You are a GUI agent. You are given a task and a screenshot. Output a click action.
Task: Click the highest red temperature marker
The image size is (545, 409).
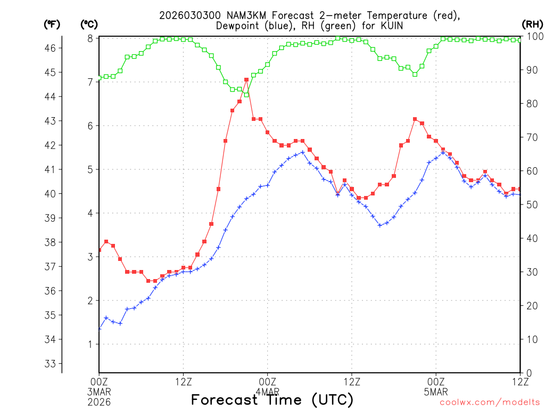pos(246,79)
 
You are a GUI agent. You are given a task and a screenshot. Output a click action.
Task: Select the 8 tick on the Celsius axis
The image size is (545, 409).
pos(90,38)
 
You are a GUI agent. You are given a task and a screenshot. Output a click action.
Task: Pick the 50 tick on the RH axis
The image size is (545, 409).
pos(530,204)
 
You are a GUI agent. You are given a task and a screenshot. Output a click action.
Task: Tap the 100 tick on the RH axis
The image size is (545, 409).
pos(533,36)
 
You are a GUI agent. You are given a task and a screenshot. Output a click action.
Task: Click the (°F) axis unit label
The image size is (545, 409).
pos(52,24)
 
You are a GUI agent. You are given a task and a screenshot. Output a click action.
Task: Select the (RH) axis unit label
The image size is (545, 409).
pos(532,24)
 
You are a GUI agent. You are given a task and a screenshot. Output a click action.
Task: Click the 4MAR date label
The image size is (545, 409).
pos(267,391)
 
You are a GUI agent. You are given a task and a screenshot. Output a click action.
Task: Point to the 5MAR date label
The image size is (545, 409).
pos(436,391)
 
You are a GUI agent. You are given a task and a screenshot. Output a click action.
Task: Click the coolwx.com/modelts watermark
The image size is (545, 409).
pos(489,402)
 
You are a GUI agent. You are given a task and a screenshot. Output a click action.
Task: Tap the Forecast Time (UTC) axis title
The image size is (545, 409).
pos(272,400)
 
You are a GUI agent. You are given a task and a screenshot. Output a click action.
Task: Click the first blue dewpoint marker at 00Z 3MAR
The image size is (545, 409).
pos(100,329)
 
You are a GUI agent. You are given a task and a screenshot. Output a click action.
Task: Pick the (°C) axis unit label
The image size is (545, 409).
pos(89,24)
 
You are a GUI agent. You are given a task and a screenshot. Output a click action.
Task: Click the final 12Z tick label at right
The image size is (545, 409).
pos(519,381)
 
